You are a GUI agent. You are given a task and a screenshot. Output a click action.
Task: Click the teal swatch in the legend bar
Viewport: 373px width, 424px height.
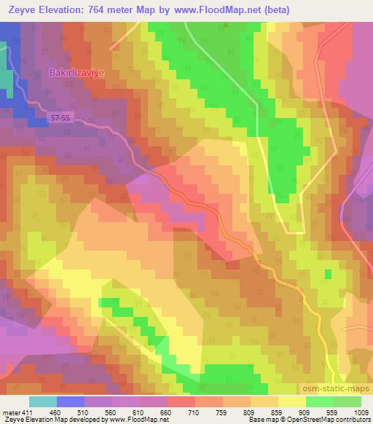[x=43, y=401]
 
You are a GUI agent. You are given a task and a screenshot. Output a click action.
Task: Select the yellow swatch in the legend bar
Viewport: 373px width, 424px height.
[x=293, y=401]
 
